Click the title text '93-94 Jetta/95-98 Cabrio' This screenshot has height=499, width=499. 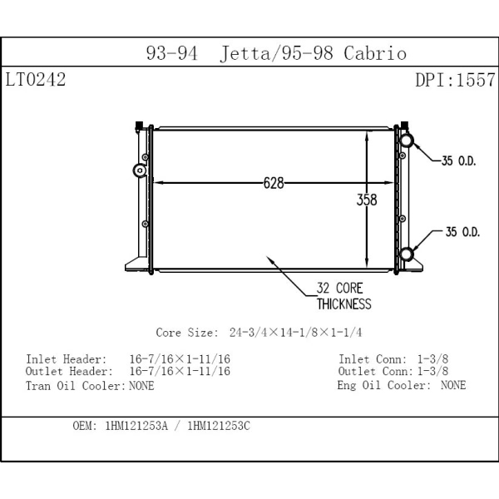(276, 54)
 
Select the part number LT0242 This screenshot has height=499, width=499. (35, 81)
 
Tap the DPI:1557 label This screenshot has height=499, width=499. (455, 81)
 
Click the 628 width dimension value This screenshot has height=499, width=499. (274, 183)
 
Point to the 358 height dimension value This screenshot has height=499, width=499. (367, 200)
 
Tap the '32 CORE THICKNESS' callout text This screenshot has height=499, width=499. (343, 296)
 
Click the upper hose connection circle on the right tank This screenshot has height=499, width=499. (406, 140)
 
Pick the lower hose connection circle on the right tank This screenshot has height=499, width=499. (406, 254)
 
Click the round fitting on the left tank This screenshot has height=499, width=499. (139, 171)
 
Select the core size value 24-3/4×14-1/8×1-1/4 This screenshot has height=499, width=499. (295, 333)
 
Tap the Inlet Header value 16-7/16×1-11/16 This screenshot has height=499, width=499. (180, 359)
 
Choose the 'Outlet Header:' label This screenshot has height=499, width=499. (69, 372)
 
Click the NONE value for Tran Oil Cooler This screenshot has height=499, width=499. (141, 385)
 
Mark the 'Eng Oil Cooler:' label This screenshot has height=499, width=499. (383, 385)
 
